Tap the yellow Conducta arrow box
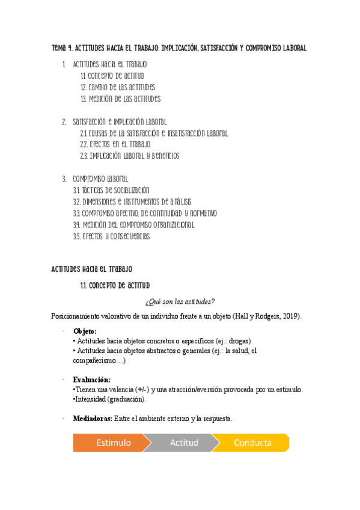pos(252,443)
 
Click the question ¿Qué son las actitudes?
pos(180,301)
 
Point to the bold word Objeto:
pos(85,331)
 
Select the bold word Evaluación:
pos(92,379)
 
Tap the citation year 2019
pos(291,316)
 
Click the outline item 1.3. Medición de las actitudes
pos(120,99)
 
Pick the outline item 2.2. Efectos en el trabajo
pos(115,144)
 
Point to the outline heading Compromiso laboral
pos(100,179)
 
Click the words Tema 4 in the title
pos(62,48)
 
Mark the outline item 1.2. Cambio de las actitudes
pos(117,87)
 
